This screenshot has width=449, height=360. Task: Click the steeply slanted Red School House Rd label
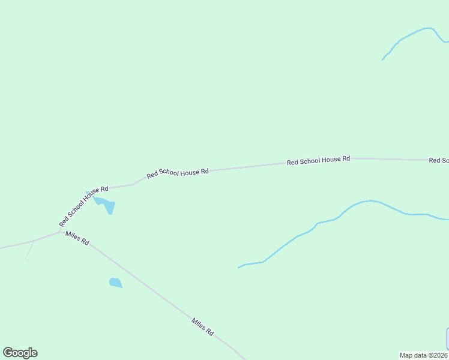(83, 206)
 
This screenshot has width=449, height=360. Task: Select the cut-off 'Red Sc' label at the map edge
(439, 160)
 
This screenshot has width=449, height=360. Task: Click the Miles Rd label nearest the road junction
(78, 238)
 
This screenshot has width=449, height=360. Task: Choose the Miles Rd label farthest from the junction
(202, 326)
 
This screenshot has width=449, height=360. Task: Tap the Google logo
(20, 353)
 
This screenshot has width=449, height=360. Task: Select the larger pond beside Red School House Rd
(106, 204)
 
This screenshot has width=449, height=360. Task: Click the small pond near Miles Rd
(115, 282)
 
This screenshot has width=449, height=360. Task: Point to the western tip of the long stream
(240, 267)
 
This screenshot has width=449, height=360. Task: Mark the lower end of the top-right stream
(383, 59)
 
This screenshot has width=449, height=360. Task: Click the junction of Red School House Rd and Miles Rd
(61, 232)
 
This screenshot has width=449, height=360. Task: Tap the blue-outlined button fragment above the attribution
(447, 338)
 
